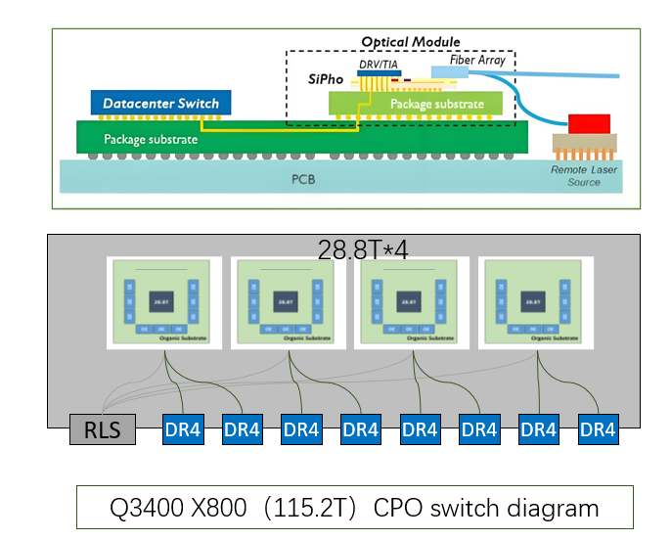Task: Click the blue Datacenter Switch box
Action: [x=161, y=103]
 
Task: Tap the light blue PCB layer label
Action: [x=304, y=180]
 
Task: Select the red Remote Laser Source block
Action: [x=589, y=123]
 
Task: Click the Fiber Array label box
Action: [x=476, y=61]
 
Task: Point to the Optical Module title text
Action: [x=410, y=42]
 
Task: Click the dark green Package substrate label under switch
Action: [x=152, y=139]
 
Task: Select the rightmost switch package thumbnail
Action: [x=534, y=303]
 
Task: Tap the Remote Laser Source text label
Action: [x=584, y=176]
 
